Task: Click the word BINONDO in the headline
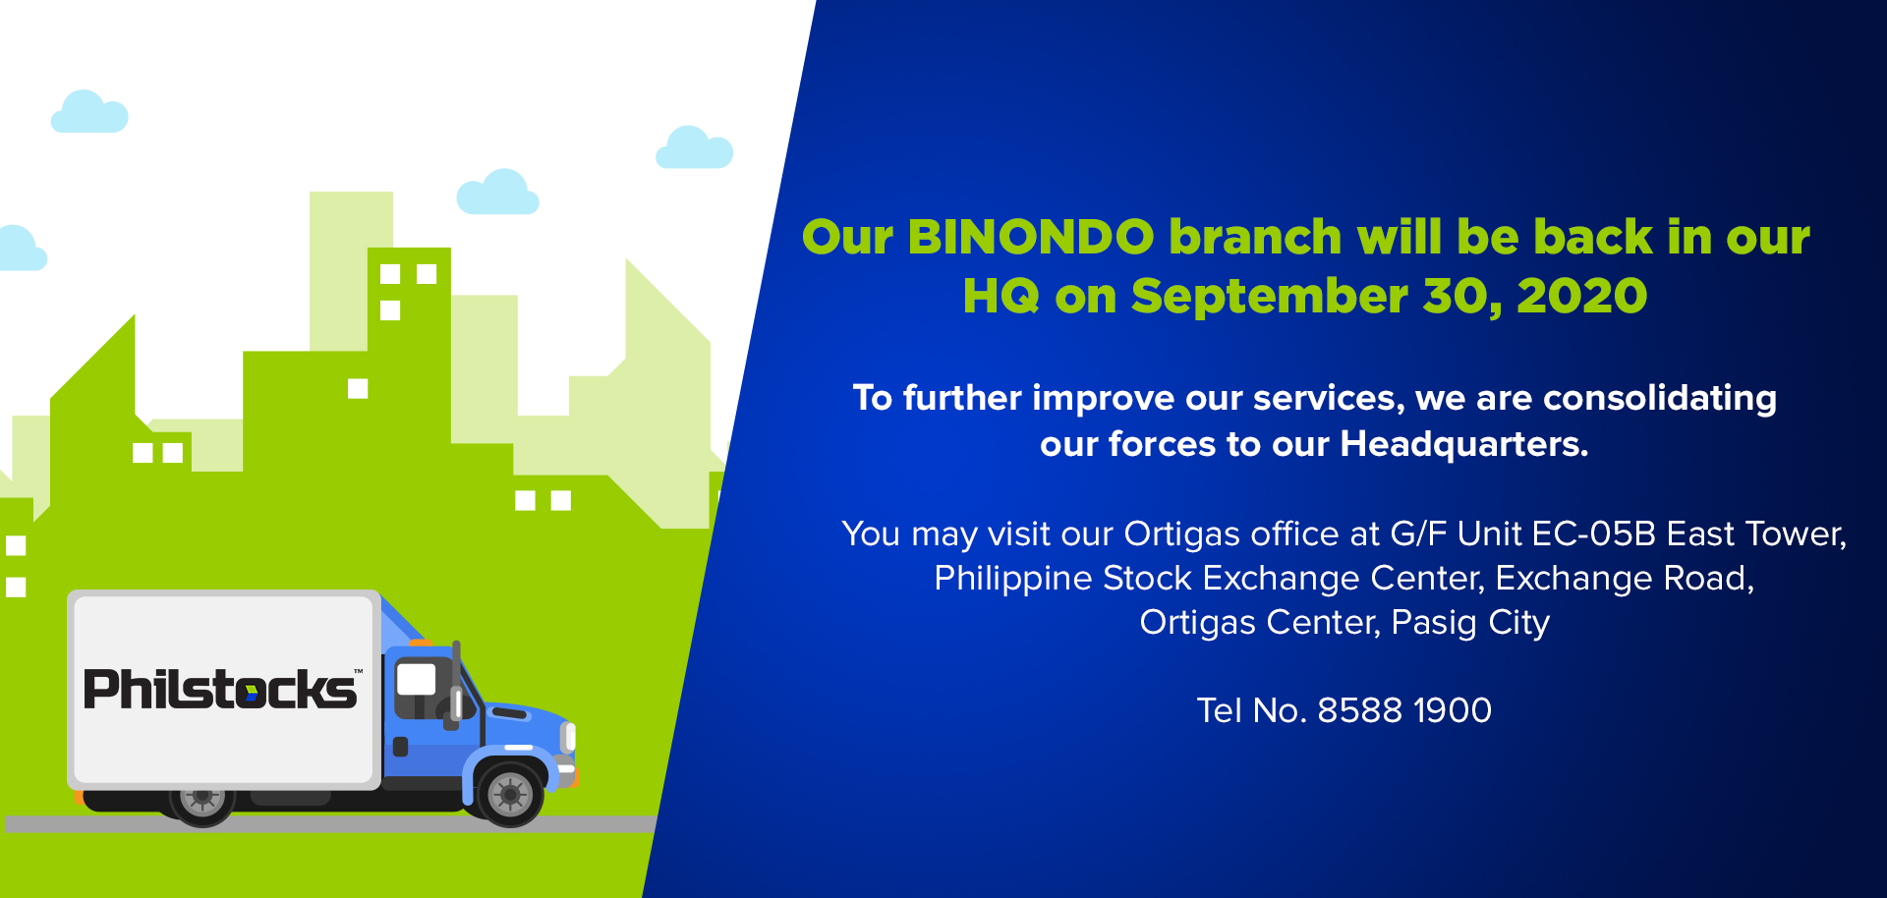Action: pyautogui.click(x=1031, y=238)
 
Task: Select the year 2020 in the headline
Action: pyautogui.click(x=1581, y=297)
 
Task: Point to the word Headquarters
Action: pyautogui.click(x=1464, y=444)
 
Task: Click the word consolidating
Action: pyautogui.click(x=1660, y=398)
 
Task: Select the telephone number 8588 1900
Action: pyautogui.click(x=1404, y=710)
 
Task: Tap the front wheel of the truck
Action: pyautogui.click(x=509, y=793)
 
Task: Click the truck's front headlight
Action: pyautogui.click(x=568, y=737)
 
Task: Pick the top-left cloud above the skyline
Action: pyautogui.click(x=89, y=112)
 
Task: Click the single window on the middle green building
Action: pyautogui.click(x=358, y=389)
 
